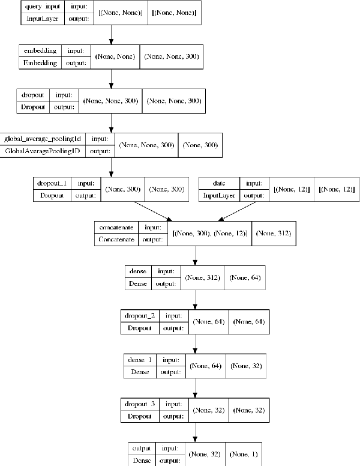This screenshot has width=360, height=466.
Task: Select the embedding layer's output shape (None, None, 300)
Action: (x=170, y=57)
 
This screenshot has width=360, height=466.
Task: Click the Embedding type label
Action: (x=40, y=62)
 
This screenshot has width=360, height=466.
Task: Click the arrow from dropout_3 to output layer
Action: (x=196, y=430)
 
